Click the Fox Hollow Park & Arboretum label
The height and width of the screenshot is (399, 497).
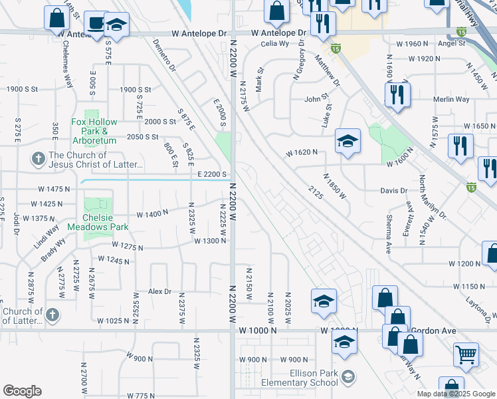[x=94, y=131]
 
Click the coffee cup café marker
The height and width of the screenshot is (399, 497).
[x=97, y=23]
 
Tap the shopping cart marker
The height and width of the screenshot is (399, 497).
[x=466, y=354]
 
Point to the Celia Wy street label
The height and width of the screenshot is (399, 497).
[x=274, y=44]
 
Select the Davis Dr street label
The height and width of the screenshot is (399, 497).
[x=412, y=190]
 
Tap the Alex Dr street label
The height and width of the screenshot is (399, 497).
[x=159, y=291]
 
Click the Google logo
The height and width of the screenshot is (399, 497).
[x=22, y=391]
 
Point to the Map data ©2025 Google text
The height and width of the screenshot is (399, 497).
[x=456, y=394]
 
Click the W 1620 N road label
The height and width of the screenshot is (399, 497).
[x=302, y=152]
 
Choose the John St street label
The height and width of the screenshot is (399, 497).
[x=316, y=99]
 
